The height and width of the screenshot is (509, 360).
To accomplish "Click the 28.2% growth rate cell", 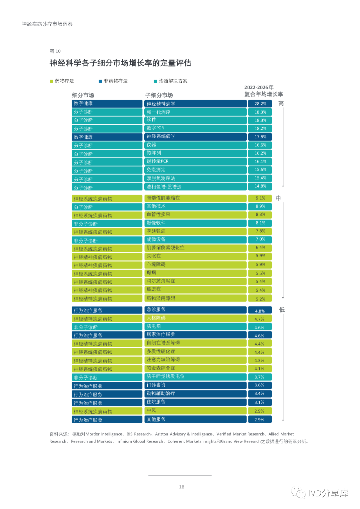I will coord(260,104).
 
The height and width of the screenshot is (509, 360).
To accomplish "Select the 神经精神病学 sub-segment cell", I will coord(195,104).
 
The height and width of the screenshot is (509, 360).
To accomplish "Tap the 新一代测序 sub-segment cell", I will coord(195,112).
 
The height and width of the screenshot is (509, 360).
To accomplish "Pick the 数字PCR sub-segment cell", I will coord(195,128).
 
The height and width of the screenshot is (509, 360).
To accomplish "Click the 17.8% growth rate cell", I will coord(260,137).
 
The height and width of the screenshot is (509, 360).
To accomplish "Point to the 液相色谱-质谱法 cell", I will coord(195,187).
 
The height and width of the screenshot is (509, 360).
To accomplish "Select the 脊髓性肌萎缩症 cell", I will coord(195,198).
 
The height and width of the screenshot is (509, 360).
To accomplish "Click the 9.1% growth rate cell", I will coord(260,198).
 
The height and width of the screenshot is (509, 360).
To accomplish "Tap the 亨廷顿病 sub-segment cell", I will coord(195,231).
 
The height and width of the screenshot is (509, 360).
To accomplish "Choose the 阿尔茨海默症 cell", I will coord(195,281).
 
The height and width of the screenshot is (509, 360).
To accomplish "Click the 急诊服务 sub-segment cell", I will coord(195,310).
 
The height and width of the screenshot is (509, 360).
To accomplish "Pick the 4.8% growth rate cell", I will coord(260,311).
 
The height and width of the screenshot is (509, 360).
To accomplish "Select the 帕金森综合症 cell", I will coord(195,368).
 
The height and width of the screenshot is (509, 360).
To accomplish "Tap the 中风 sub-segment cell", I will coord(195,411).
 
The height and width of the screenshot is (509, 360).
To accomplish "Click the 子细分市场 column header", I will coord(159,95).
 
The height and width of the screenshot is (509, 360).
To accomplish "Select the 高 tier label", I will coord(281,104).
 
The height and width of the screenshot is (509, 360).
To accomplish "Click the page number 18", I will coord(182,487).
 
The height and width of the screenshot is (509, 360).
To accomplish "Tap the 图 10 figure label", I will coord(55,51).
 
